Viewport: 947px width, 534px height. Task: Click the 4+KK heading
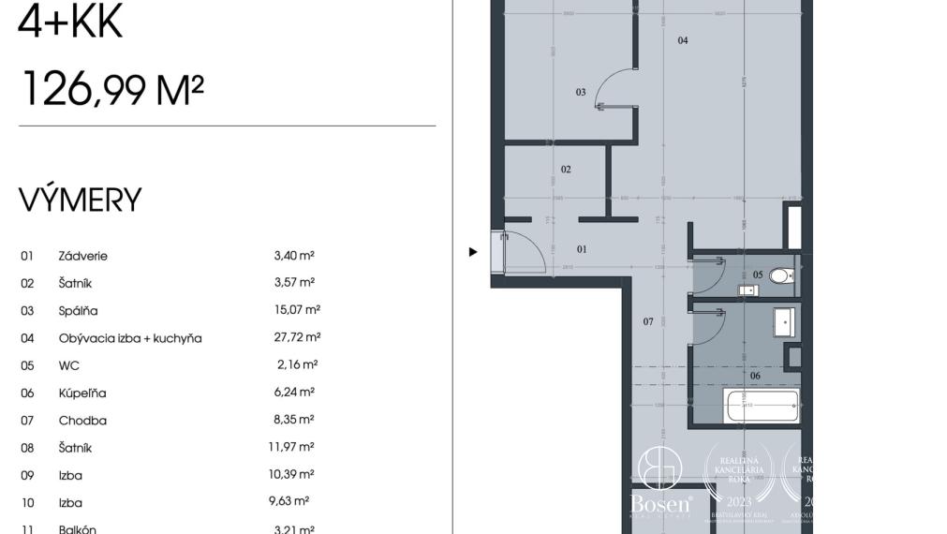[x=71, y=22]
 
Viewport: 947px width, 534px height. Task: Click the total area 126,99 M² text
[x=111, y=90]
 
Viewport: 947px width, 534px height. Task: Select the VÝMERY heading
[x=81, y=200]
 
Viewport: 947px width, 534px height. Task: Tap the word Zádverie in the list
[x=83, y=256]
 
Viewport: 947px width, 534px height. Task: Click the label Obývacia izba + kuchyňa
[x=130, y=338]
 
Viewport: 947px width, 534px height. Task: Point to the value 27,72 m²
[x=298, y=337]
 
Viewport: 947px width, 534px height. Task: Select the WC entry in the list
[x=69, y=365]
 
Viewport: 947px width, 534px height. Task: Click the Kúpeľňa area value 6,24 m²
[x=294, y=393]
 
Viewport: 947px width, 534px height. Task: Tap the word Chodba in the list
[x=82, y=421]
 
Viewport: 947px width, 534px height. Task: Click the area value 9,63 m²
[x=289, y=501]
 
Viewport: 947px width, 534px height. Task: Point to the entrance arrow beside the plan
[x=473, y=252]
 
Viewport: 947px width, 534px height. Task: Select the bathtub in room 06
[x=762, y=407]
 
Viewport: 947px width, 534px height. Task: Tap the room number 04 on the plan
[x=683, y=40]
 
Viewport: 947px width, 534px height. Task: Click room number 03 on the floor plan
[x=581, y=92]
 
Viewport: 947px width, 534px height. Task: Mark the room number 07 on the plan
[x=648, y=322]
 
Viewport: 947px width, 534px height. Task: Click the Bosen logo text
[x=661, y=503]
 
